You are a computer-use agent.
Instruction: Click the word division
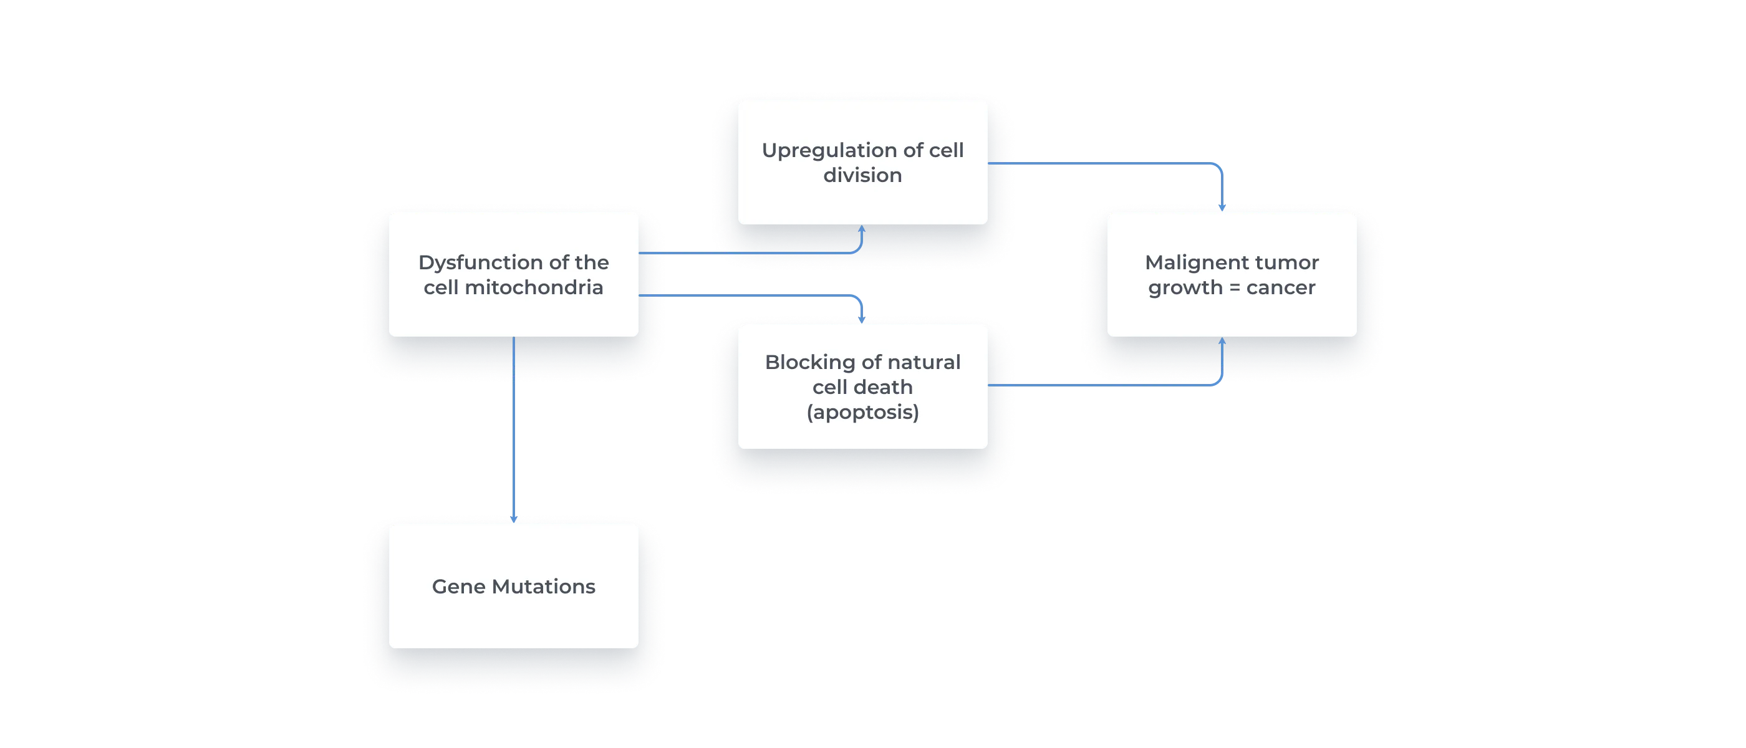pos(862,176)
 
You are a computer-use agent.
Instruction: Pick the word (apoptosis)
pos(862,412)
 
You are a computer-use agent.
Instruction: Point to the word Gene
pos(458,587)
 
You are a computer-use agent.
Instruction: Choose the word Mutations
pos(543,587)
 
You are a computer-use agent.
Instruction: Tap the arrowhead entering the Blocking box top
pos(862,319)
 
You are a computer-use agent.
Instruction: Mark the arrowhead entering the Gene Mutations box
pos(513,519)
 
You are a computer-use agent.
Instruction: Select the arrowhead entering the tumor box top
pos(1222,208)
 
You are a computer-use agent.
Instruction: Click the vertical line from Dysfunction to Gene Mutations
pos(513,427)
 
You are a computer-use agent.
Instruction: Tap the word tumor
pos(1291,263)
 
